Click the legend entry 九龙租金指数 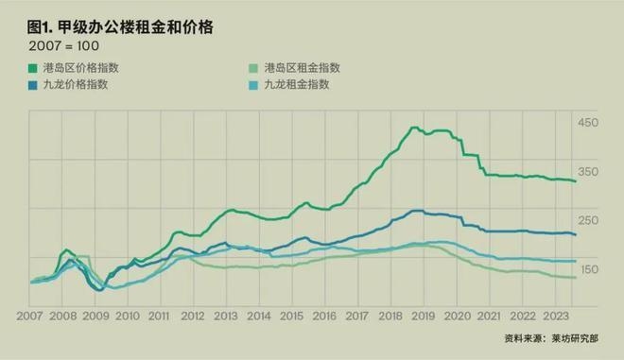pyautogui.click(x=296, y=84)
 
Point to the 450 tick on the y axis pyautogui.click(x=588, y=124)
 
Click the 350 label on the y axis pyautogui.click(x=588, y=172)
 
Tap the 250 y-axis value pyautogui.click(x=588, y=221)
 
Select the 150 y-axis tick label pyautogui.click(x=588, y=270)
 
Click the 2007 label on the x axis pyautogui.click(x=29, y=317)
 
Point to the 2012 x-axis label pyautogui.click(x=193, y=317)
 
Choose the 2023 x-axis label pyautogui.click(x=556, y=317)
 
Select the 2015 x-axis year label pyautogui.click(x=292, y=317)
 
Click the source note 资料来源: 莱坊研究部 pyautogui.click(x=558, y=337)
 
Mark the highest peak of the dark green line pyautogui.click(x=414, y=128)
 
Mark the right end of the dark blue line pyautogui.click(x=576, y=234)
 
